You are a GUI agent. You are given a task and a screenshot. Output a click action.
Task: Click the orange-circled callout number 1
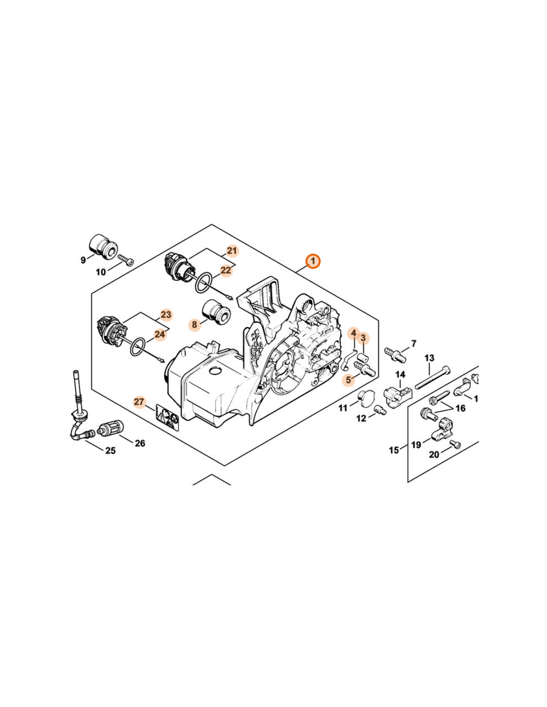click(x=313, y=261)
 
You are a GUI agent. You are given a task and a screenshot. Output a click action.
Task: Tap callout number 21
click(x=232, y=251)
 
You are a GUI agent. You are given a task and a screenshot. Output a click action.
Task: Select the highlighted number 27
click(x=139, y=402)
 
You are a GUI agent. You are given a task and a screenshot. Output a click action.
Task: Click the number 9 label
click(x=83, y=261)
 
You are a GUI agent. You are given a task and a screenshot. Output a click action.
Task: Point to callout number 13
click(x=429, y=358)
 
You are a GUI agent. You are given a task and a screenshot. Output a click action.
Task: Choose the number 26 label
click(x=140, y=443)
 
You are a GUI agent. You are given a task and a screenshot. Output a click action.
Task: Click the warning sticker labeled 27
click(x=167, y=417)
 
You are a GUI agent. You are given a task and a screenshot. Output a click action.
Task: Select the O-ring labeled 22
click(x=204, y=283)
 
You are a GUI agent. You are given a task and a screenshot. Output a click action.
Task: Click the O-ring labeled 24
click(x=138, y=348)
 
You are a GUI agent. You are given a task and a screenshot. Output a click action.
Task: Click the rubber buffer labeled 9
click(x=103, y=246)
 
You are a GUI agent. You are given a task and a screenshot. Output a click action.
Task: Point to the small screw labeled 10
click(x=126, y=261)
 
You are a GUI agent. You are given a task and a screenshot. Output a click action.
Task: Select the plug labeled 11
click(x=366, y=397)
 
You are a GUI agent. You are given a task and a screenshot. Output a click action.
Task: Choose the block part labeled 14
click(x=398, y=396)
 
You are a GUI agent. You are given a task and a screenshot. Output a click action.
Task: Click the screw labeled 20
click(x=455, y=444)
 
